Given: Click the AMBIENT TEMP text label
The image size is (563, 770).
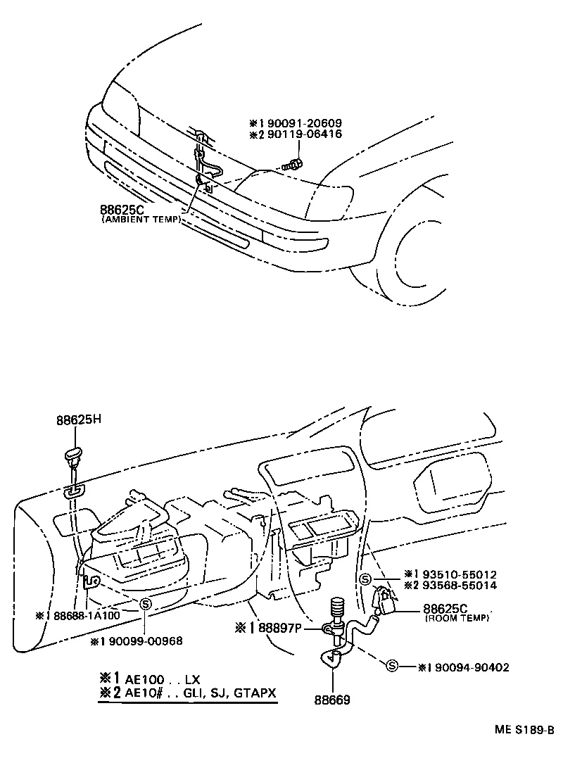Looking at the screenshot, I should point(141,220).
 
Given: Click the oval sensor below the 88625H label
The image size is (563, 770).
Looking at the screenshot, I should point(72,455).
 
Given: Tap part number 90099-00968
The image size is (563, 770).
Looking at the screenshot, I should point(146,640).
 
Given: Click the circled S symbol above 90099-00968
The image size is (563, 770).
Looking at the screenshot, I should point(145,603).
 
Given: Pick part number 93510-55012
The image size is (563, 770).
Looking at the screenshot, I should point(460,574).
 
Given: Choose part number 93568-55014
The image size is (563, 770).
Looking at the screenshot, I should point(460,585).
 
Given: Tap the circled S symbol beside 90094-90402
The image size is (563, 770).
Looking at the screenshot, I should point(392,666).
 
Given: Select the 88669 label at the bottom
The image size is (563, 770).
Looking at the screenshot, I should point(331,700).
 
